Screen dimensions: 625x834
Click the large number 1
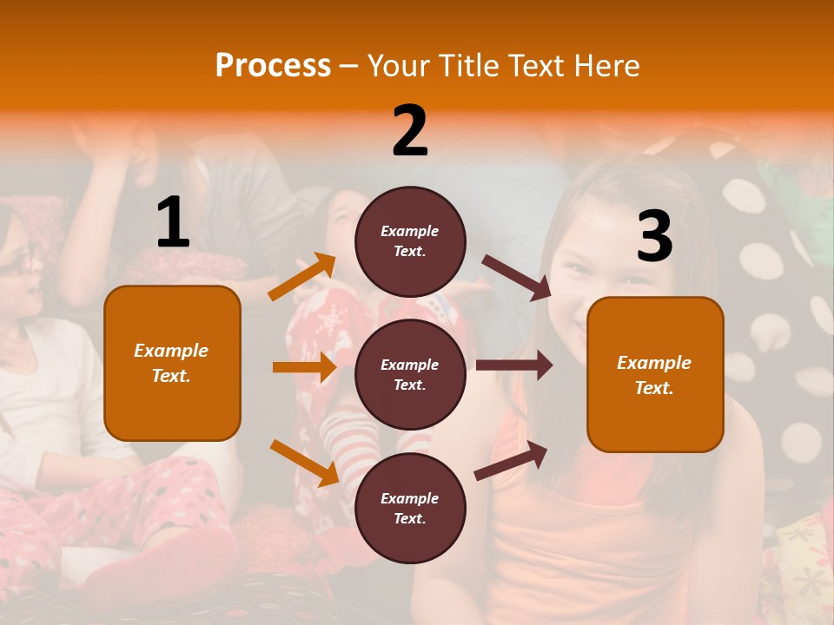point(173,222)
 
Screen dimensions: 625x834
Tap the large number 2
point(410,131)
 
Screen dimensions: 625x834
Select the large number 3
point(654,236)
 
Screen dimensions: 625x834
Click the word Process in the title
point(273,65)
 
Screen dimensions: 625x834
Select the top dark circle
point(410,241)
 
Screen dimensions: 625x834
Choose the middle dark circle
point(410,374)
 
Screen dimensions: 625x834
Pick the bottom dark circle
point(410,508)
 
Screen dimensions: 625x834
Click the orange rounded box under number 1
point(172,363)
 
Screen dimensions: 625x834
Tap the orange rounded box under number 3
point(655,374)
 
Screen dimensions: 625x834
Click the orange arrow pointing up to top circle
point(302,276)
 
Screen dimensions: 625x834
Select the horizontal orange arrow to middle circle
point(304,367)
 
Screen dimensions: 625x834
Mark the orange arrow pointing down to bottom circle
point(304,462)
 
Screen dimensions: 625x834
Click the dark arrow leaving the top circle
point(517,278)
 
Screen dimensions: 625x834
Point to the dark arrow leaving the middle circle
point(513,365)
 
